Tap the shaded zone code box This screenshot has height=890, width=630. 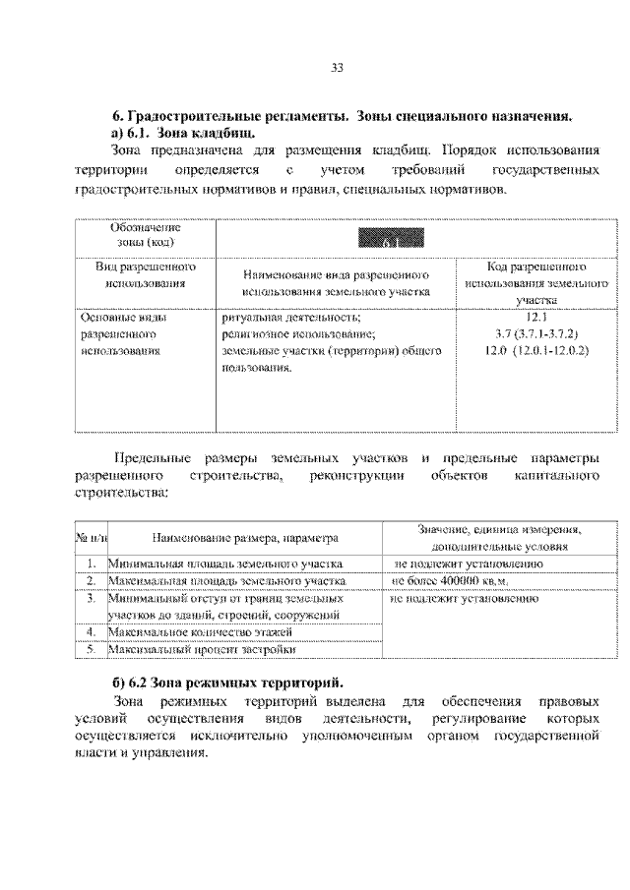(391, 238)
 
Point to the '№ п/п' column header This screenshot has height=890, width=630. (91, 539)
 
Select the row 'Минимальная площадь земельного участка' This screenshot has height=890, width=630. (225, 564)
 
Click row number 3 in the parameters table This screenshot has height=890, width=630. (91, 597)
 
